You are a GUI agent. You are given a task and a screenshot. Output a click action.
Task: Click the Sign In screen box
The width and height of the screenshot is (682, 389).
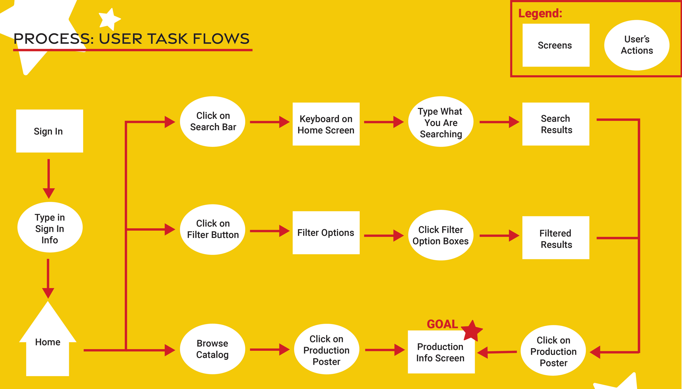click(x=50, y=131)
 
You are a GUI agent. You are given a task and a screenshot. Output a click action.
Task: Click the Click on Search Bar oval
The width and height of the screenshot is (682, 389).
click(x=213, y=122)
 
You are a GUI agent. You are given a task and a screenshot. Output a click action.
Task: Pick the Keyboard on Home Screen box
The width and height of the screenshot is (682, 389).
click(x=326, y=124)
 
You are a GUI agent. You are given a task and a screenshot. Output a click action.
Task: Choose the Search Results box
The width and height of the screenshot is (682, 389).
click(x=556, y=124)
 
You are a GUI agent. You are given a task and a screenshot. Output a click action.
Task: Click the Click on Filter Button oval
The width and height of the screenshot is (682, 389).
click(x=213, y=229)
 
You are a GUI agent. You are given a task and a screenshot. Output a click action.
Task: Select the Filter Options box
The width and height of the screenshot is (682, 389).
click(x=326, y=233)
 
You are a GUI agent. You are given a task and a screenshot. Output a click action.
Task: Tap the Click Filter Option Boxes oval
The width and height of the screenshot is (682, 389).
click(x=441, y=235)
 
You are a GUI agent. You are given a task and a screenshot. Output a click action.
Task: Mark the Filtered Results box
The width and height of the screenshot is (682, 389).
click(x=556, y=238)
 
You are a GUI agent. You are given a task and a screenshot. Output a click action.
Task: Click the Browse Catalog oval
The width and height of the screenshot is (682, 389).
click(x=213, y=349)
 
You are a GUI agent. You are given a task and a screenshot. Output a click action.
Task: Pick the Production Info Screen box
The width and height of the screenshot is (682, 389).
click(x=441, y=352)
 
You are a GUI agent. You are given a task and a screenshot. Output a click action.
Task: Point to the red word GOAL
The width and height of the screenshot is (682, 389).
click(x=442, y=324)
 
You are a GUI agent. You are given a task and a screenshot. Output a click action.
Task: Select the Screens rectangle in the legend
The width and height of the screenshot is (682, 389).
click(x=556, y=45)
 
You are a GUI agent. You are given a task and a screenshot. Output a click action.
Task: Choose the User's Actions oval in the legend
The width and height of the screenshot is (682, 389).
click(x=637, y=45)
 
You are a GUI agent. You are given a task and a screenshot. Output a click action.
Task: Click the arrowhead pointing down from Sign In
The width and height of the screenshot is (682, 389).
click(x=49, y=193)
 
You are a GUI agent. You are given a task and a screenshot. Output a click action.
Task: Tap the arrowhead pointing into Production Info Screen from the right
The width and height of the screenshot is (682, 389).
click(x=483, y=353)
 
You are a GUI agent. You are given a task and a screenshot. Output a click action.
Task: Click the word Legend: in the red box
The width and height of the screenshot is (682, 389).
click(x=540, y=13)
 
